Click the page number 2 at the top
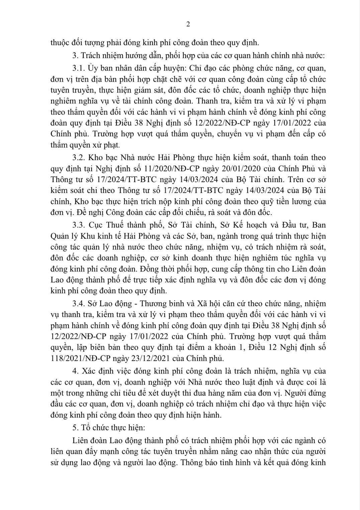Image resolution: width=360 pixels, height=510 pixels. pyautogui.click(x=188, y=24)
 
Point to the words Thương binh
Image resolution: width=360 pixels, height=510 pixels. pyautogui.click(x=159, y=304)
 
